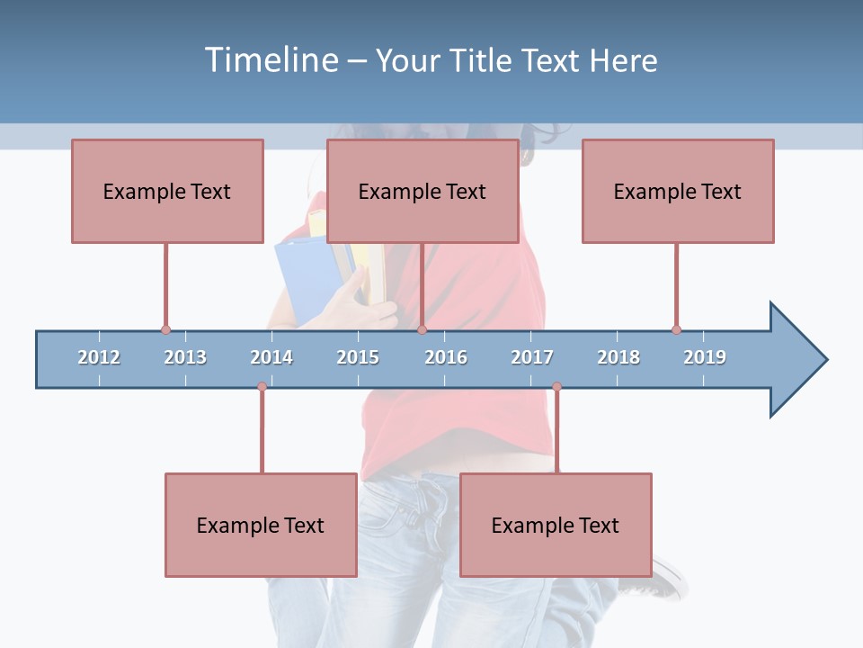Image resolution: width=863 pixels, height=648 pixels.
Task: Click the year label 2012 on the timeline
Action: pyautogui.click(x=99, y=357)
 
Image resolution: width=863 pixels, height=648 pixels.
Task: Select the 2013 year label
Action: pyautogui.click(x=185, y=357)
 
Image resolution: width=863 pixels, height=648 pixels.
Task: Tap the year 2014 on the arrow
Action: pyautogui.click(x=271, y=357)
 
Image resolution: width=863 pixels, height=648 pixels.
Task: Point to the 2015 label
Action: pyautogui.click(x=358, y=357)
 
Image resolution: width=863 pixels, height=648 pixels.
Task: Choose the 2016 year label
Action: pyautogui.click(x=446, y=357)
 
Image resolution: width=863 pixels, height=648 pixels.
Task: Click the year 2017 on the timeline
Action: pyautogui.click(x=532, y=357)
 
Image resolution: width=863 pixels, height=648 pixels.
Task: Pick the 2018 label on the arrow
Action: pyautogui.click(x=618, y=357)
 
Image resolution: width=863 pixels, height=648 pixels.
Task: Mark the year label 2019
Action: pyautogui.click(x=705, y=357)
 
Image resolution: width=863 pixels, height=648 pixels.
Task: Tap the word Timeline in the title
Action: pyautogui.click(x=269, y=60)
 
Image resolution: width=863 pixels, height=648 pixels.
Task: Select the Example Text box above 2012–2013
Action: pyautogui.click(x=167, y=191)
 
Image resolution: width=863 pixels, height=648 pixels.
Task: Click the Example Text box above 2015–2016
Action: pyautogui.click(x=423, y=191)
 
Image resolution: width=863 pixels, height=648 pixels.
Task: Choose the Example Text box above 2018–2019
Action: pyautogui.click(x=678, y=191)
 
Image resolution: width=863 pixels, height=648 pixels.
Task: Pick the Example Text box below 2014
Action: pyautogui.click(x=261, y=525)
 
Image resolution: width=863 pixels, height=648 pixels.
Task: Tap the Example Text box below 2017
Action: pyautogui.click(x=556, y=525)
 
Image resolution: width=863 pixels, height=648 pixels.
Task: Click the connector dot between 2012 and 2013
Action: pyautogui.click(x=165, y=329)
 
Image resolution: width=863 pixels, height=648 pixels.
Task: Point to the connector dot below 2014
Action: pyautogui.click(x=262, y=386)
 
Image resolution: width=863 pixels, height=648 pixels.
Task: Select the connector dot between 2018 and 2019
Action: pyautogui.click(x=676, y=329)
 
